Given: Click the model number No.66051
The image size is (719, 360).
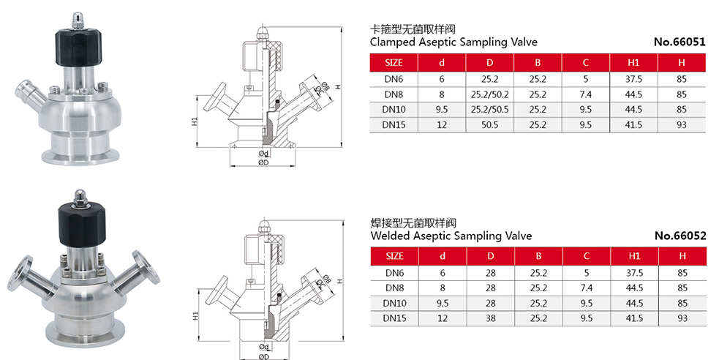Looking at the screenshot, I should (680, 42).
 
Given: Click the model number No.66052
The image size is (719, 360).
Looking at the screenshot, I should (680, 236).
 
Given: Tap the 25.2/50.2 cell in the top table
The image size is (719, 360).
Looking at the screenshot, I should (490, 94).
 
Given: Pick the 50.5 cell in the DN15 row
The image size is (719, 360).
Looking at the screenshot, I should (490, 125).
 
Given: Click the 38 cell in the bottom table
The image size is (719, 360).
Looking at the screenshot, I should (490, 318).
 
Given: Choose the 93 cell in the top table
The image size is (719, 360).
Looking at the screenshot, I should (682, 125).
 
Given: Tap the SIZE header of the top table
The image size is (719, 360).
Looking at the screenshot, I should (394, 62).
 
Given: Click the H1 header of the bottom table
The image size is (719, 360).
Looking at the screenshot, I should (633, 256).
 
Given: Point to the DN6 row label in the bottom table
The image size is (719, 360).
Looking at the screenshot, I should (394, 271).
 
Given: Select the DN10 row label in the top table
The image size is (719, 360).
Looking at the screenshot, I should (394, 110).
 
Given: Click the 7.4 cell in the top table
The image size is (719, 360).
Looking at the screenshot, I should (586, 94).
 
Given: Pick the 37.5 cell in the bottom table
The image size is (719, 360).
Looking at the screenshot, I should (633, 271).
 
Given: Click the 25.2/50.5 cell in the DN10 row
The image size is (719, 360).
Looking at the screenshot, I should (490, 110).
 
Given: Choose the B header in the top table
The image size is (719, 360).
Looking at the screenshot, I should (538, 62).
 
